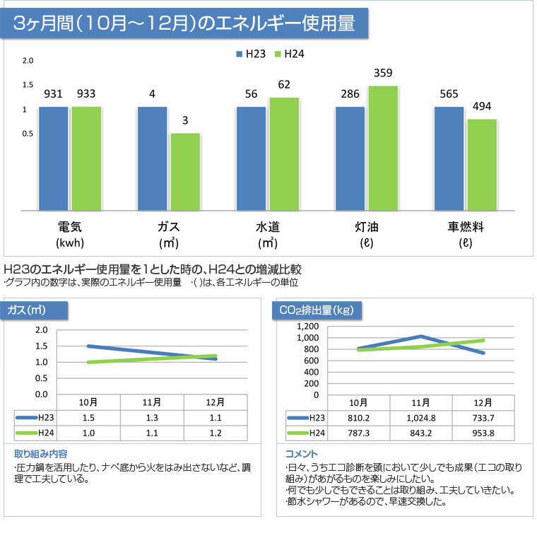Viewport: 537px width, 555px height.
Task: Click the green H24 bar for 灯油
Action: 383,148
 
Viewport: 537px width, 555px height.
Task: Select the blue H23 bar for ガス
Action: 152,158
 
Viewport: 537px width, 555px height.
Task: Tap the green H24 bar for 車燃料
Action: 482,164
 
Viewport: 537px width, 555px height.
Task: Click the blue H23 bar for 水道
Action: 251,158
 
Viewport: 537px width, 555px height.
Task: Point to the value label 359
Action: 383,73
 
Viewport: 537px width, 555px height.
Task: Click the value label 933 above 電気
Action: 86,94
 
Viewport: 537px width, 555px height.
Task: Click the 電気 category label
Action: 70,227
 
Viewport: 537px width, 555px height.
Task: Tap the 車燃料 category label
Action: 465,227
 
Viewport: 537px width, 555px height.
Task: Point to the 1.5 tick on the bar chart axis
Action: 28,85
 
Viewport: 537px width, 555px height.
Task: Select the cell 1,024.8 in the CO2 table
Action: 421,418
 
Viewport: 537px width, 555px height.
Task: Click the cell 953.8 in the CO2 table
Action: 484,433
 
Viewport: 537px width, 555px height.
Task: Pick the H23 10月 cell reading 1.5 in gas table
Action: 88,418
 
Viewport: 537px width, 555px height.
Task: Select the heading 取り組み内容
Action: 41,453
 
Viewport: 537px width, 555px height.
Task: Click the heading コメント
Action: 301,453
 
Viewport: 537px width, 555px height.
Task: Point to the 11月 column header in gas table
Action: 152,402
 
